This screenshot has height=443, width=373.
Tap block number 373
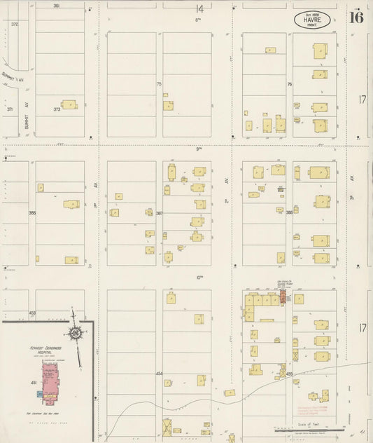tap(57, 109)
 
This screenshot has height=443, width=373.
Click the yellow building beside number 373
tap(69, 104)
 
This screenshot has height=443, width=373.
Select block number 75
tap(159, 84)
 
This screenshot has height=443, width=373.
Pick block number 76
tap(289, 84)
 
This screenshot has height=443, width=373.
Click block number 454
tap(159, 374)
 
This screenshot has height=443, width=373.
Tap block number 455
tap(289, 374)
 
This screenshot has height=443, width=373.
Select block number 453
tap(32, 313)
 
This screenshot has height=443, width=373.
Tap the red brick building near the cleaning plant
tap(283, 298)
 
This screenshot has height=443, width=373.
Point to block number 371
tap(10, 109)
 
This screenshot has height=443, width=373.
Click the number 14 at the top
tap(199, 8)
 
